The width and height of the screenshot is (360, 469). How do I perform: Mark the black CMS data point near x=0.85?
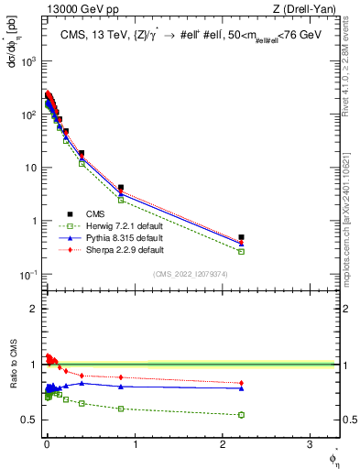(121, 188)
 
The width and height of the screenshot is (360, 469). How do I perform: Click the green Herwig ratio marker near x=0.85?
(121, 409)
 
